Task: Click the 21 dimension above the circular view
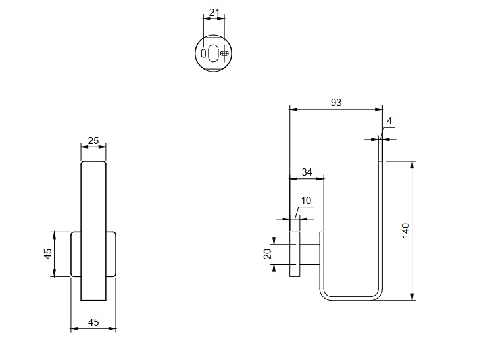(x=214, y=12)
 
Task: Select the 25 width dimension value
(x=93, y=141)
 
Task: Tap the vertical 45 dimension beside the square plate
(x=48, y=254)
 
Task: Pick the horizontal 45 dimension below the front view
(x=93, y=322)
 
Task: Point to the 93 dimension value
(x=336, y=102)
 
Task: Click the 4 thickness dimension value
(x=389, y=122)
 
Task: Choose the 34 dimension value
(x=307, y=172)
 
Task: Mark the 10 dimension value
(x=307, y=201)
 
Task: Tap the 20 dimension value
(x=268, y=254)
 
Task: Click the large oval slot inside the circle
(x=214, y=53)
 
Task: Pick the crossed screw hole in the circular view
(x=224, y=53)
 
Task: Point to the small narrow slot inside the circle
(x=204, y=53)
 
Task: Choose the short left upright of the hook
(x=322, y=260)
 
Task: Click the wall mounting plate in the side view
(x=295, y=254)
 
